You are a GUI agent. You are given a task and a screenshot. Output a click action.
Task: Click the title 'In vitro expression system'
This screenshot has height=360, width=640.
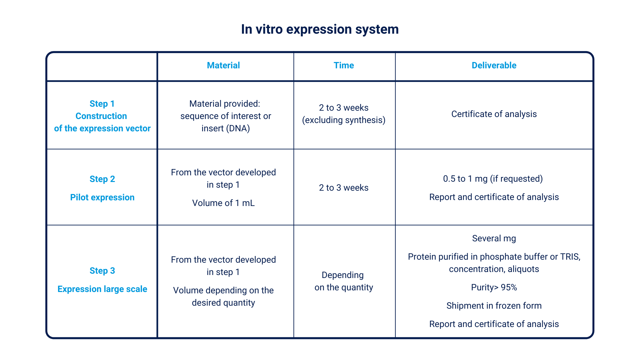coord(320,29)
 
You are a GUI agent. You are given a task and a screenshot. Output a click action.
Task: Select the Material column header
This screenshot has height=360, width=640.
coord(223,65)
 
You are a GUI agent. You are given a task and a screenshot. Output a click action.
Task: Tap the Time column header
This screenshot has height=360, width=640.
coord(344,65)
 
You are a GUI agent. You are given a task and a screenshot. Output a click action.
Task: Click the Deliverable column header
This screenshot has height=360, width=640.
coord(494,65)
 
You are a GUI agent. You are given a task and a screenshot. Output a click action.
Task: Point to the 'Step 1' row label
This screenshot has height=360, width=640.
coord(102,104)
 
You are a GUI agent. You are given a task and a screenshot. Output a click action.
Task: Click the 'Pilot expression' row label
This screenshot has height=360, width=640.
coord(102,197)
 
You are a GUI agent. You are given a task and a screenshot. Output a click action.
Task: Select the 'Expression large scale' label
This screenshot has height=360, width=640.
coord(102,289)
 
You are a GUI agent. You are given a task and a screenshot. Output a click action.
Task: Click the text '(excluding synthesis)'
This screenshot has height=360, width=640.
coord(344,120)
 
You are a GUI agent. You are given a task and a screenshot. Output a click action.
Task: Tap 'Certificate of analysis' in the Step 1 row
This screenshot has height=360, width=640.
coord(494,114)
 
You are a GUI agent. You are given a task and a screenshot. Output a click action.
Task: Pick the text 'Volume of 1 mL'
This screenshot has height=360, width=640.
coord(223,203)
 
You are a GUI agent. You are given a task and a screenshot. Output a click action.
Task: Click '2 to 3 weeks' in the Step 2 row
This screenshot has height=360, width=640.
coord(344,188)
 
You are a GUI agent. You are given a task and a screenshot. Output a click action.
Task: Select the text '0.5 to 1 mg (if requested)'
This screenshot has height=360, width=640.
coord(493,179)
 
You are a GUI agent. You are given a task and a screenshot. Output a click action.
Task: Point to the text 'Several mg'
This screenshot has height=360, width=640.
coord(494,239)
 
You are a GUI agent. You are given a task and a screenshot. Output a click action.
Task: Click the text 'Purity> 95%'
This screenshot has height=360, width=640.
coord(494,287)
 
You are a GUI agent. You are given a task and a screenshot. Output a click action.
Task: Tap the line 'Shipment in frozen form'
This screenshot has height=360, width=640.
coord(494,306)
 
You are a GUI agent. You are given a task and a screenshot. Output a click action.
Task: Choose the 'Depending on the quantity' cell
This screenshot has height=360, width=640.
coord(344,281)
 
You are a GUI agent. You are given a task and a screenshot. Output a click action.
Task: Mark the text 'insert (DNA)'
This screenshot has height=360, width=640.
coord(226,128)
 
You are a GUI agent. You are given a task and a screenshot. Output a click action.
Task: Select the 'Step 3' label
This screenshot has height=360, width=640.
coord(102,271)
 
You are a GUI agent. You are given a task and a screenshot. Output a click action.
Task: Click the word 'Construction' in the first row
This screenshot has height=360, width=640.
coord(101,116)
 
